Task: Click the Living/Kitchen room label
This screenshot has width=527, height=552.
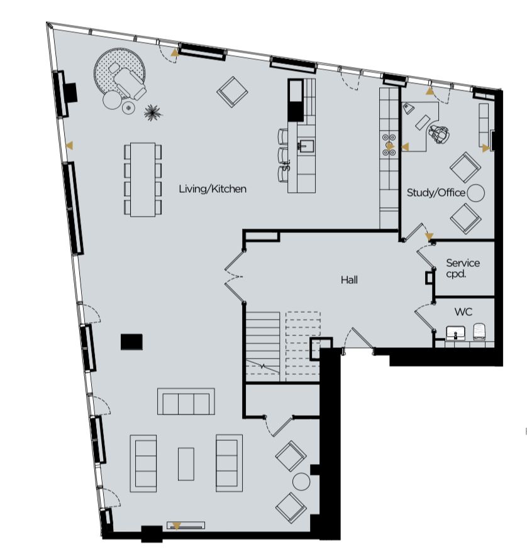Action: [213, 189]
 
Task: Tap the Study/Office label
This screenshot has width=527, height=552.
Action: [436, 193]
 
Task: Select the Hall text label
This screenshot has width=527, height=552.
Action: [349, 280]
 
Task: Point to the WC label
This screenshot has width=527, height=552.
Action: [463, 311]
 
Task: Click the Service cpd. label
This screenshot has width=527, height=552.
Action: [462, 268]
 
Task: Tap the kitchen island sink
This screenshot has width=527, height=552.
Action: [307, 144]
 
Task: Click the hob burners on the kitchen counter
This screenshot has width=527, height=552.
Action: [389, 145]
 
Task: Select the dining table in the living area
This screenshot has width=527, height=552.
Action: [143, 179]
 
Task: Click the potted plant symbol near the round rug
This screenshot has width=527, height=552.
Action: [153, 112]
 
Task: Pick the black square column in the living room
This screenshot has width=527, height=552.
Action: [131, 342]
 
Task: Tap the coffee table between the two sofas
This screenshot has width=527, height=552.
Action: [186, 464]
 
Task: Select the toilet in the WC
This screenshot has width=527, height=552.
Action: [479, 332]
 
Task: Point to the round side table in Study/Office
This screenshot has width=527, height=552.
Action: [475, 193]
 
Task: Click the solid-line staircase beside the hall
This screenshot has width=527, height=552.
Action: [263, 347]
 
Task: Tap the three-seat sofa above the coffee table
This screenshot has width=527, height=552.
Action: [186, 401]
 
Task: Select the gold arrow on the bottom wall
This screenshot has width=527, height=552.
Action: [177, 527]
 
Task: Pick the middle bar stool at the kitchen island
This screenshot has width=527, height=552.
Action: [283, 154]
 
